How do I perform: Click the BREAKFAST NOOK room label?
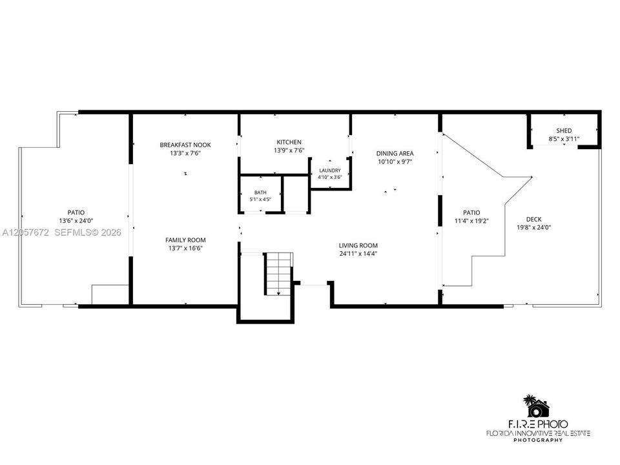(x=185, y=145)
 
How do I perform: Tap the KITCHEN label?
(x=289, y=142)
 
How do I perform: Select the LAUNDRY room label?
(x=330, y=170)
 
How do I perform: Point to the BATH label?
(x=260, y=192)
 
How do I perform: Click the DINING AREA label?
(x=395, y=154)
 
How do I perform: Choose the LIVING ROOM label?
(x=358, y=245)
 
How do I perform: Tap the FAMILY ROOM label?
(x=185, y=240)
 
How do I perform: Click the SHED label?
(x=564, y=130)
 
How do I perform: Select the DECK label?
(x=534, y=220)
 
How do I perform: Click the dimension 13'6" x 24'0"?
(x=76, y=221)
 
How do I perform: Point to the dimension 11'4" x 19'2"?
(x=471, y=221)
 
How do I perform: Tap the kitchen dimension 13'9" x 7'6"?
(x=289, y=150)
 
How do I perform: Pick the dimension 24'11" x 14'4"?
(x=358, y=254)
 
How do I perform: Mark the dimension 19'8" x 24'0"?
(x=534, y=227)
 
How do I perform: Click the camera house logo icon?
(x=536, y=406)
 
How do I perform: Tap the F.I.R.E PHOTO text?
(x=538, y=424)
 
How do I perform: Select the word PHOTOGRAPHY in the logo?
(x=538, y=440)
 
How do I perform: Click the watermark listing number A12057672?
(x=25, y=232)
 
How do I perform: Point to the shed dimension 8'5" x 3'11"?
(x=564, y=139)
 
